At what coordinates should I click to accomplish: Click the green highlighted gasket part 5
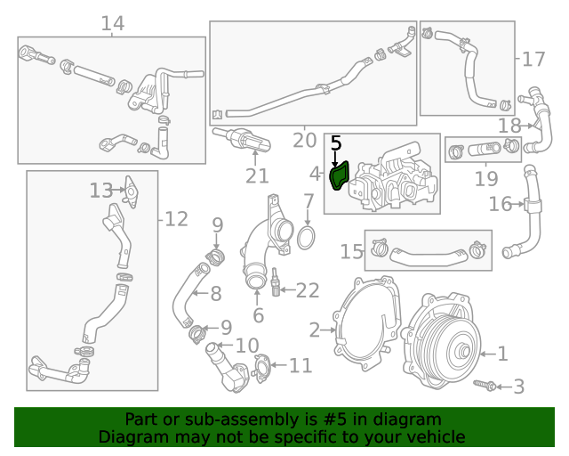pos(340,176)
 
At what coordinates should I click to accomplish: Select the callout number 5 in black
pos(335,143)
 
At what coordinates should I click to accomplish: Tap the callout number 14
pos(113,23)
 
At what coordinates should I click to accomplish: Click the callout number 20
pos(304,140)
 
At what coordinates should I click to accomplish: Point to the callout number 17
pos(533,60)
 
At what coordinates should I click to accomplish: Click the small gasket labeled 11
pos(262,365)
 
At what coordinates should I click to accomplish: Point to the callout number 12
pos(176,218)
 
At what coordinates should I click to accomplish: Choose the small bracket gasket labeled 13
pos(129,189)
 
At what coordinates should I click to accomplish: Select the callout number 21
pos(257,176)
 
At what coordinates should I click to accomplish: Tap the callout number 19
pos(485,179)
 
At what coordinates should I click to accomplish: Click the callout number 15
pos(351,252)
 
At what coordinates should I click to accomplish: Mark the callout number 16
pos(501,205)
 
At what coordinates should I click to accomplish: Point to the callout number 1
pos(502,354)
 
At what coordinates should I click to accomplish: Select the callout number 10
pos(246,346)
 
